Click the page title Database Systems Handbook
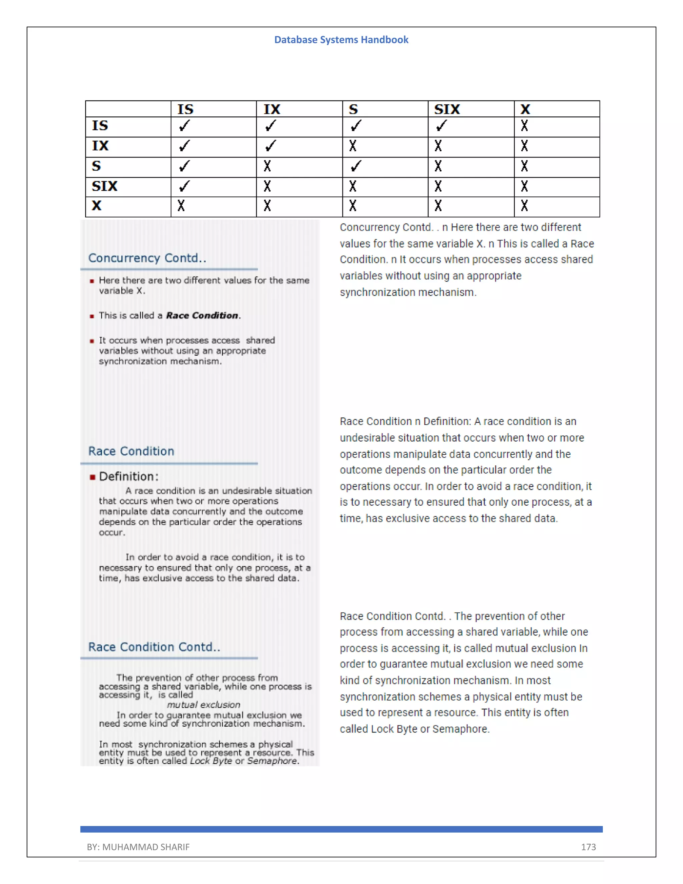pyautogui.click(x=341, y=40)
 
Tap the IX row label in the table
pyautogui.click(x=100, y=146)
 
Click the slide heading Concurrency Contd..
pyautogui.click(x=147, y=258)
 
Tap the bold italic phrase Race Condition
pyautogui.click(x=202, y=315)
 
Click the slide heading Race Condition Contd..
pyautogui.click(x=154, y=647)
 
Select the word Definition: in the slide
pyautogui.click(x=129, y=476)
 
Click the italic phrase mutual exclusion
pyautogui.click(x=203, y=705)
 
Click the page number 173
pyautogui.click(x=588, y=847)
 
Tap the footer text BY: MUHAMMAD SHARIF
pyautogui.click(x=138, y=847)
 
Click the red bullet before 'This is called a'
pyautogui.click(x=92, y=316)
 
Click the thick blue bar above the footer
pyautogui.click(x=341, y=829)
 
